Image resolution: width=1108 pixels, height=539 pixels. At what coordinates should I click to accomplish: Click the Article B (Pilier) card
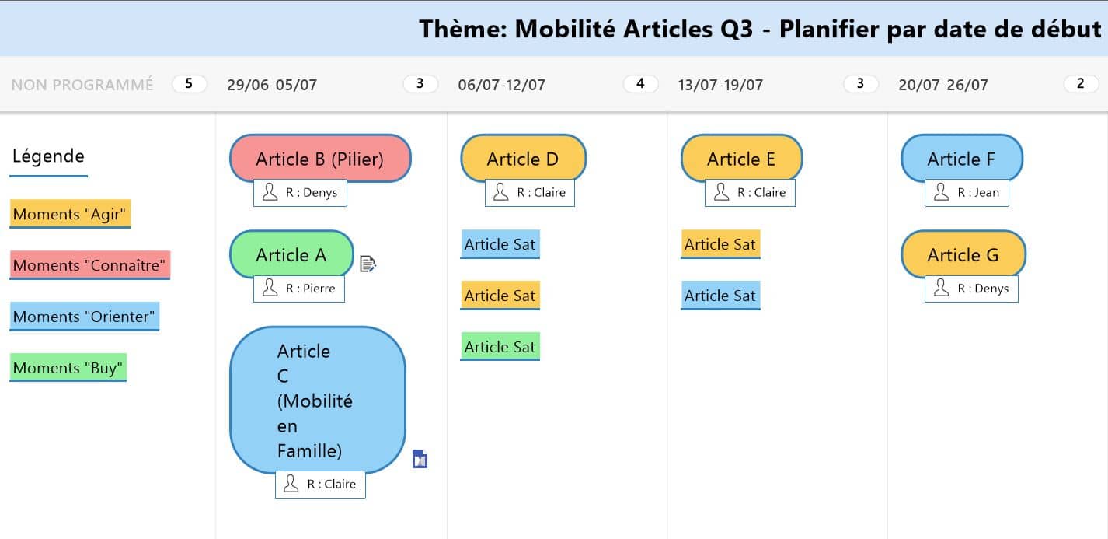click(320, 159)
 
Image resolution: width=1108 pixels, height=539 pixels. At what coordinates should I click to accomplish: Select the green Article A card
click(291, 254)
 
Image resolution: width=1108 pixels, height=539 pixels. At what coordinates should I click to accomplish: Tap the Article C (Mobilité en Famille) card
click(318, 400)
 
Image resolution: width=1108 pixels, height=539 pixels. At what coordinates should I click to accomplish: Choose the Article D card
click(523, 159)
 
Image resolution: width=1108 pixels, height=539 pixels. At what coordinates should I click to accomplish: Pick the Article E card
click(741, 159)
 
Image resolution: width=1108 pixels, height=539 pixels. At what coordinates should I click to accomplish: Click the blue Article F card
click(962, 159)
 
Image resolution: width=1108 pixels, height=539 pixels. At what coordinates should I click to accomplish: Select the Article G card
click(963, 254)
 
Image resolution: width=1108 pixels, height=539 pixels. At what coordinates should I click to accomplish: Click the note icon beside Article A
click(368, 264)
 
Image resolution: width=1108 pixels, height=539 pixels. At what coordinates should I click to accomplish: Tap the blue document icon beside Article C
click(420, 459)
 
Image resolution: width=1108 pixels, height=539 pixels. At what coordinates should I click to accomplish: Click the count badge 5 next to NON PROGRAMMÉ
click(189, 84)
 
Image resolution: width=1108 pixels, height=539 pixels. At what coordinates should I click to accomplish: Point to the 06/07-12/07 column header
click(502, 85)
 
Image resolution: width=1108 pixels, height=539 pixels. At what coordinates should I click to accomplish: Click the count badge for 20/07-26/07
click(1081, 84)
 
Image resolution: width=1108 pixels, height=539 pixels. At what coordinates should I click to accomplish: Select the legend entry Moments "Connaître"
click(89, 265)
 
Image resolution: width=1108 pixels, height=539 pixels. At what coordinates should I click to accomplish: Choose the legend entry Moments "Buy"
click(68, 368)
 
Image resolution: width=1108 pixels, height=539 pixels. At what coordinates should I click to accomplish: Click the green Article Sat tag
click(500, 346)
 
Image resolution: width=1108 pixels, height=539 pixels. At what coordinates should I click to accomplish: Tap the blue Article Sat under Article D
click(500, 244)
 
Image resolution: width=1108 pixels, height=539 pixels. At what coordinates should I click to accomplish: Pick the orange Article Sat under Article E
click(720, 244)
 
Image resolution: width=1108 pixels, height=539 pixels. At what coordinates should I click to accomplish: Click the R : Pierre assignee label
click(299, 289)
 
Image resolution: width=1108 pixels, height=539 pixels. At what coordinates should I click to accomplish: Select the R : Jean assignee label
click(967, 193)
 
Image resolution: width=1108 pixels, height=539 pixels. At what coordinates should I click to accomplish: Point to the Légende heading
click(48, 156)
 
